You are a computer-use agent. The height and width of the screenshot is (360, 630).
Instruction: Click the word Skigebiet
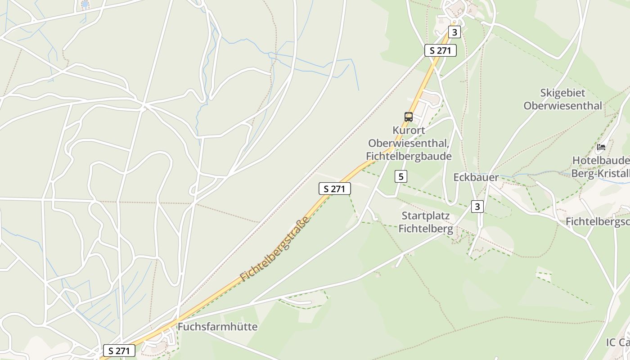click(562, 93)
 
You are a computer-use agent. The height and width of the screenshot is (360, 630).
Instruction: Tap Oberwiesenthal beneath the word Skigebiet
click(562, 106)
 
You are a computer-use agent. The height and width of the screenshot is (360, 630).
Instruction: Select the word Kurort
click(409, 130)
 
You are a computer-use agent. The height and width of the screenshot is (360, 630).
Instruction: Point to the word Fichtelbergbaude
click(409, 156)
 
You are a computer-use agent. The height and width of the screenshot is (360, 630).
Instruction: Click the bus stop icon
click(408, 117)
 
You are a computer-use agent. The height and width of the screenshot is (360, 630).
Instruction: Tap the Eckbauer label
click(476, 177)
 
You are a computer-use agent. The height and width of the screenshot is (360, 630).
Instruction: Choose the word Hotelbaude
click(600, 161)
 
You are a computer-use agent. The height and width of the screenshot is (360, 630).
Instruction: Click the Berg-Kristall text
click(600, 174)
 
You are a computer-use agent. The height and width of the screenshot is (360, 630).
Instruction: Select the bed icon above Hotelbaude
click(601, 147)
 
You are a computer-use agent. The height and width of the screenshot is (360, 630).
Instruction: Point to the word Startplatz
click(425, 216)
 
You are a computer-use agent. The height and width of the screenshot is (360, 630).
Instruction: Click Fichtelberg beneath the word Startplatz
click(425, 229)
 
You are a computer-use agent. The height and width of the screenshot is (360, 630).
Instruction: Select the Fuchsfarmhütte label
click(217, 327)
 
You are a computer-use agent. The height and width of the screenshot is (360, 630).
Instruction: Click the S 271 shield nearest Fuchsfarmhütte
click(119, 351)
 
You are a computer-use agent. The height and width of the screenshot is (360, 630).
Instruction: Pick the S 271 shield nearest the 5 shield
click(334, 189)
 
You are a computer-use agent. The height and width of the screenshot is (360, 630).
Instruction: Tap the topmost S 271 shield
click(440, 50)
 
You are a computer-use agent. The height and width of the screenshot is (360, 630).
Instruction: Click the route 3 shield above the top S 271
click(454, 32)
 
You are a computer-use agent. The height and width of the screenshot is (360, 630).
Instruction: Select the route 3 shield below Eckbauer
click(477, 207)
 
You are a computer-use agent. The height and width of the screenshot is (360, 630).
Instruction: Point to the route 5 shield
click(400, 176)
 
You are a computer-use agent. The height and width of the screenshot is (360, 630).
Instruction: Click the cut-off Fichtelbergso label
click(597, 221)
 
